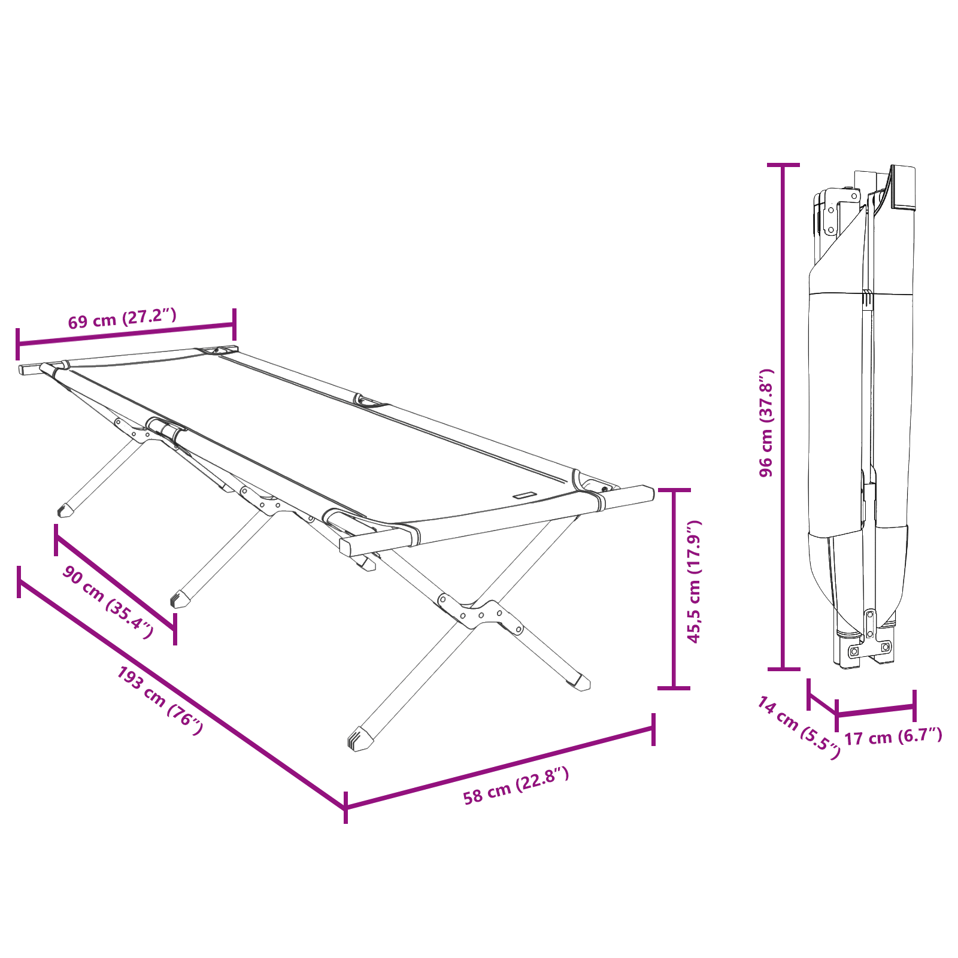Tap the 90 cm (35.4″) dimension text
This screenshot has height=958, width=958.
tap(108, 602)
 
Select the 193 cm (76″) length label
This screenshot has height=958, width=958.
tap(160, 701)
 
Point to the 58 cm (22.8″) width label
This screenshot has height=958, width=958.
tap(516, 786)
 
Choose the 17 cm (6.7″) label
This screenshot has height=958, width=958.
tap(893, 736)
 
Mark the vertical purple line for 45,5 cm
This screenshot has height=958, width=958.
tap(674, 589)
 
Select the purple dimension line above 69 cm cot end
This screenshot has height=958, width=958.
tap(126, 334)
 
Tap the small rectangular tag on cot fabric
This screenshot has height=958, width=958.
tap(524, 495)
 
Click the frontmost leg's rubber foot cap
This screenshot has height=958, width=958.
tap(357, 741)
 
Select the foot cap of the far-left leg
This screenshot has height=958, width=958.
tap(63, 510)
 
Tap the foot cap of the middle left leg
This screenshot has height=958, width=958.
tap(179, 599)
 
